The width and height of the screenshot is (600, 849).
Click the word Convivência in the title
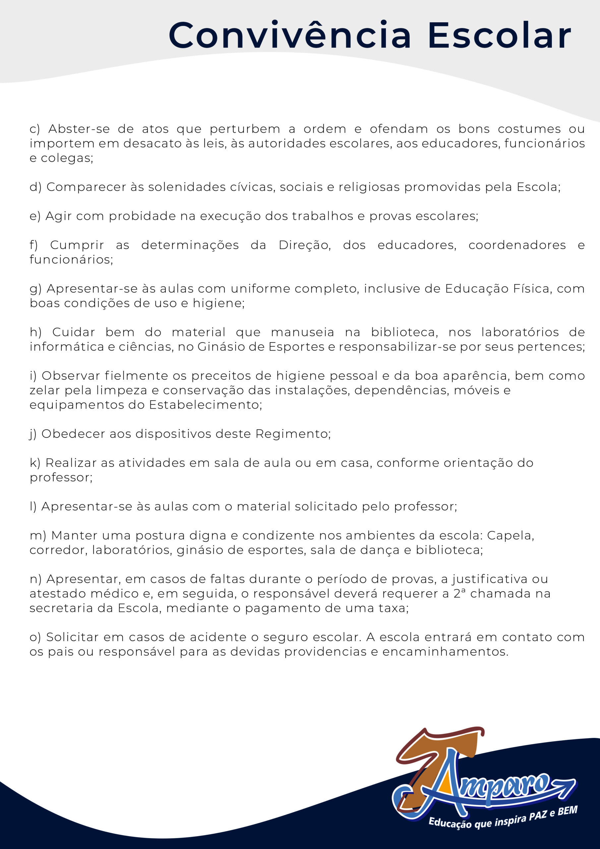pyautogui.click(x=289, y=35)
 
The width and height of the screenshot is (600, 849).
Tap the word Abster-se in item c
pyautogui.click(x=79, y=129)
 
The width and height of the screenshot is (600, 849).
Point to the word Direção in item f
pyautogui.click(x=304, y=245)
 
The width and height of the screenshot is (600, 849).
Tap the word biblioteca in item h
pyautogui.click(x=404, y=332)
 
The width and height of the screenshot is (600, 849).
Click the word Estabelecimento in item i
pyautogui.click(x=205, y=405)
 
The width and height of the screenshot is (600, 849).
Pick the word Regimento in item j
pyautogui.click(x=293, y=434)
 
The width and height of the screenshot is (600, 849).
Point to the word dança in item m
pyautogui.click(x=379, y=550)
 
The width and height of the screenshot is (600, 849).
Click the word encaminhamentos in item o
pyautogui.click(x=445, y=652)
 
